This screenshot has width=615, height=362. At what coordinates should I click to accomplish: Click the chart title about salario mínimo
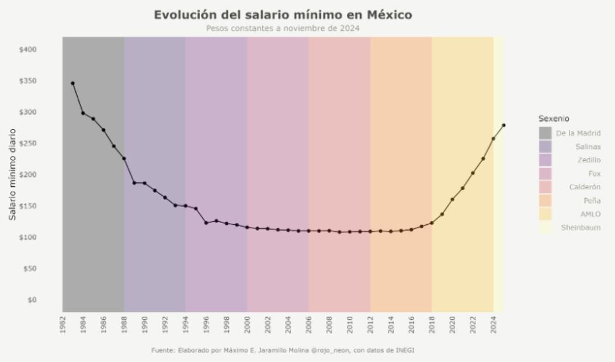(x=283, y=15)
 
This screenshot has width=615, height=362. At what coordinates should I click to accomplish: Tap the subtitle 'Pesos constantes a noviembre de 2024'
(x=283, y=28)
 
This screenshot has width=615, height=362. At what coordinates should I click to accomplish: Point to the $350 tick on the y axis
(x=28, y=81)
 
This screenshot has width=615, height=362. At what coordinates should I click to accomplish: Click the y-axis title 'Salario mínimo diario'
(x=12, y=175)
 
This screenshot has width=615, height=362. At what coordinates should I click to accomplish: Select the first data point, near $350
(x=72, y=83)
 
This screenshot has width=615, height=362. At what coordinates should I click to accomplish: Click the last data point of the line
(x=503, y=125)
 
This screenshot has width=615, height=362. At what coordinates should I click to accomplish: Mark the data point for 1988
(x=124, y=159)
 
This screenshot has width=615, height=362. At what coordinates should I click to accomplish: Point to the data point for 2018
(x=432, y=222)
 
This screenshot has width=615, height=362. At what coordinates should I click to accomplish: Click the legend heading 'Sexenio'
(x=554, y=119)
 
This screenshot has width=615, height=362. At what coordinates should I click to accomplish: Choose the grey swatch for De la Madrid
(x=545, y=133)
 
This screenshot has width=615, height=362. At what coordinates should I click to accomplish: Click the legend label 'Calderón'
(x=585, y=187)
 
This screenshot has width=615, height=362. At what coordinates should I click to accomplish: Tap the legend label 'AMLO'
(x=590, y=214)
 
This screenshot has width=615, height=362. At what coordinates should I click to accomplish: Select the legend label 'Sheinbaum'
(x=581, y=228)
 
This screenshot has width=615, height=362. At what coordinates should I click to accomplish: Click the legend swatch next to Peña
(x=545, y=201)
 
